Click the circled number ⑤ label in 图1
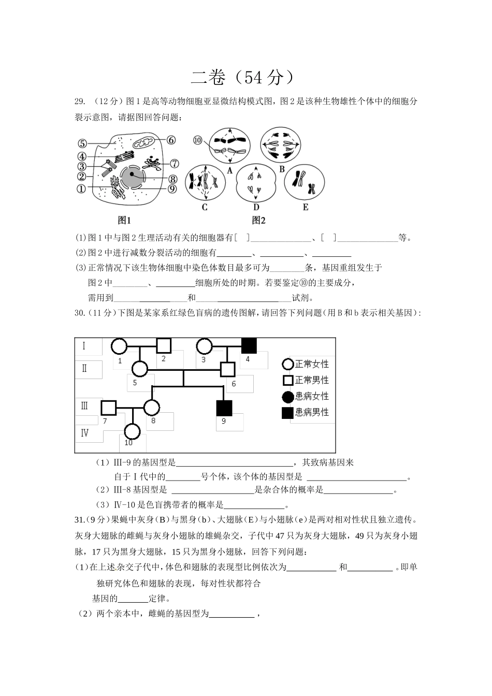tap(82, 144)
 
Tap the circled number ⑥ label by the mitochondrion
tap(171, 140)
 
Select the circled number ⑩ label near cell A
tap(197, 140)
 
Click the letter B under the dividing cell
tap(282, 169)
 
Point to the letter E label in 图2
tap(305, 207)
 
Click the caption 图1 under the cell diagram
tap(124, 220)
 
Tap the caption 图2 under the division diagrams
tap(258, 220)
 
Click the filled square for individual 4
tap(250, 345)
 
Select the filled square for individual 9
tap(224, 408)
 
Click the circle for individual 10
tap(133, 431)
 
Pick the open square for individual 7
tap(108, 408)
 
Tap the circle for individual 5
tap(139, 369)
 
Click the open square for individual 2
tap(164, 345)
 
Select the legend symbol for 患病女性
tap(288, 397)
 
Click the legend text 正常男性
tap(312, 380)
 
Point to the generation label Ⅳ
tap(84, 433)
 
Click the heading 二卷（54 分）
tap(245, 77)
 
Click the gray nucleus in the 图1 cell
tap(132, 176)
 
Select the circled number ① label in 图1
tap(81, 189)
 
